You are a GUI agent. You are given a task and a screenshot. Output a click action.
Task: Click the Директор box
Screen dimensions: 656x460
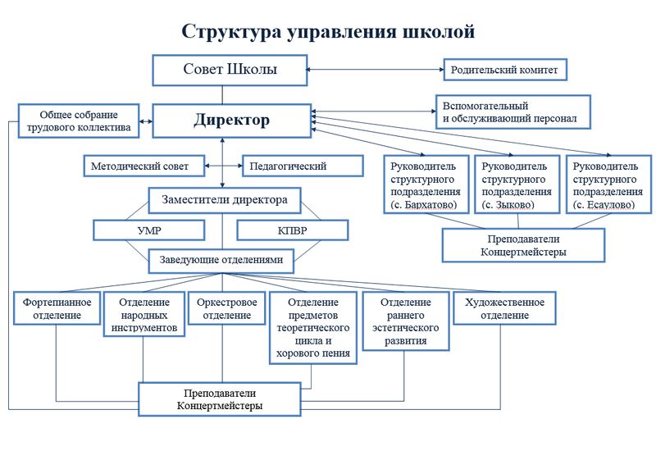coord(232,121)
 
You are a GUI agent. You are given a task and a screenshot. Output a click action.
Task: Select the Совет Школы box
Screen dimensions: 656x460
coord(230,71)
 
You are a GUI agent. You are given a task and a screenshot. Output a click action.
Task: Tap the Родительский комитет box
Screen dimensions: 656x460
coord(505,70)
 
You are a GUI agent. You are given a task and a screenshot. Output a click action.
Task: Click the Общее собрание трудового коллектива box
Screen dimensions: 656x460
coord(79,121)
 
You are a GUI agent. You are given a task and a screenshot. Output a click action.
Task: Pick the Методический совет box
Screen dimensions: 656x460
coord(144,166)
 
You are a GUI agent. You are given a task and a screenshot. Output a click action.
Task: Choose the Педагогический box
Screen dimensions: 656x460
coord(303,166)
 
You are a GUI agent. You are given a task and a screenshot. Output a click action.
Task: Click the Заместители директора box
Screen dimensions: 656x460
coord(225,200)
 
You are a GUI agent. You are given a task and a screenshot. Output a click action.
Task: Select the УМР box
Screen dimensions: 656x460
coord(149,230)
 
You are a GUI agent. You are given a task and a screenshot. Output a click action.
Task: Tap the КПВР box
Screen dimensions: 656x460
coord(293,230)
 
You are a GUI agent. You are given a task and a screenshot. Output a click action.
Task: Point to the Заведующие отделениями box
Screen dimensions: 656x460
coord(221,261)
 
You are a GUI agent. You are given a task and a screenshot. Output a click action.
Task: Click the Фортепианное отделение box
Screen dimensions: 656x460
coord(57,308)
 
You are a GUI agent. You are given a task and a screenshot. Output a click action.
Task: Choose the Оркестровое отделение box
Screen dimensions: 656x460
coord(227,308)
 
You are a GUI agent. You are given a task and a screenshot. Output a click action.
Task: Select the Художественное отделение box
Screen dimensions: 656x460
coord(504,308)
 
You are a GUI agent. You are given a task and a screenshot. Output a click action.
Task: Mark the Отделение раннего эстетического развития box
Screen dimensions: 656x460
coord(405,321)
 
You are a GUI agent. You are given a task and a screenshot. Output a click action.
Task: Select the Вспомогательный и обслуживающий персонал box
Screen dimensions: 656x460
coord(513,112)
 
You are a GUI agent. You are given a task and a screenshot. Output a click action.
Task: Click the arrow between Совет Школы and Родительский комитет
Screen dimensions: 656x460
coord(376,70)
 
